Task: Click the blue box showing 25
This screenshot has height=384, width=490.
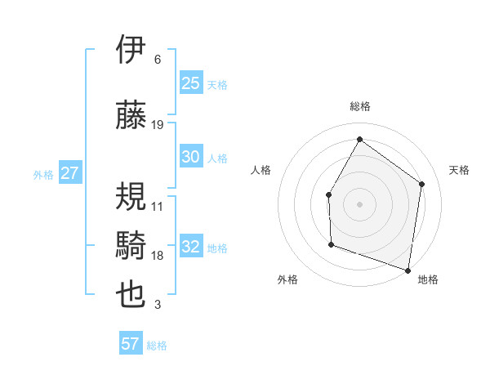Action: click(x=191, y=83)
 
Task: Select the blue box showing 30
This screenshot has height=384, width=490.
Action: click(x=191, y=158)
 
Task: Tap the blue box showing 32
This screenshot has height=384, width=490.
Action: click(x=191, y=248)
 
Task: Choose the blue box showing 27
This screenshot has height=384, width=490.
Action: click(x=69, y=173)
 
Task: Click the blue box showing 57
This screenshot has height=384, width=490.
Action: click(x=131, y=344)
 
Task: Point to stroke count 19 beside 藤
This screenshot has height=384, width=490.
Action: click(x=158, y=125)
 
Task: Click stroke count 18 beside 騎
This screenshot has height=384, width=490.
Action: click(x=158, y=256)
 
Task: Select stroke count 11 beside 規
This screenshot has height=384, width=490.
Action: click(x=158, y=207)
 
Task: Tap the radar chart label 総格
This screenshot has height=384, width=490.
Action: click(x=359, y=106)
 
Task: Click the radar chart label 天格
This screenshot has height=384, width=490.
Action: click(x=459, y=170)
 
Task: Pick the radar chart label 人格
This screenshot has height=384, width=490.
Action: click(x=261, y=170)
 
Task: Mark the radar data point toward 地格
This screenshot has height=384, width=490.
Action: click(x=408, y=270)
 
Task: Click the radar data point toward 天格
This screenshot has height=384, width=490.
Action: click(x=422, y=184)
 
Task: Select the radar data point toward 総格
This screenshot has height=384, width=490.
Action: click(x=359, y=139)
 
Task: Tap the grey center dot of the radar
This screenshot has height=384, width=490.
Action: click(x=359, y=203)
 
